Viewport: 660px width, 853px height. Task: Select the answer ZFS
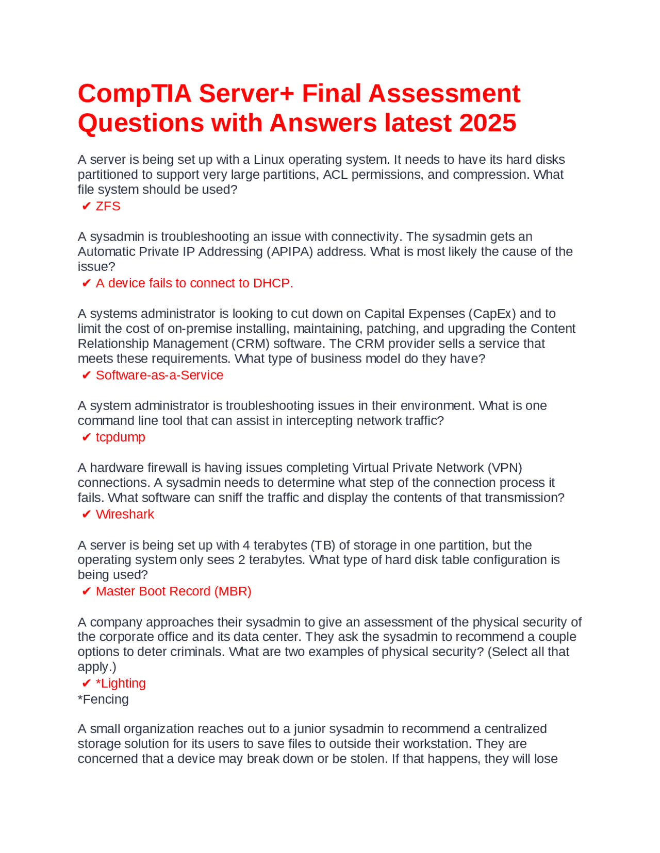[108, 206]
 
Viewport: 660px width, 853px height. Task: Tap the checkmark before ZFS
[86, 207]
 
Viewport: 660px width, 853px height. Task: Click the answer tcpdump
[120, 437]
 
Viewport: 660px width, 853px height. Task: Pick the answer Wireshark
[125, 514]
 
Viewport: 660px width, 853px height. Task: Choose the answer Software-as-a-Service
[159, 375]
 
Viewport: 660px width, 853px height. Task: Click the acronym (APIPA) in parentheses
[290, 251]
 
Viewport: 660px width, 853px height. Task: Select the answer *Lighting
[121, 683]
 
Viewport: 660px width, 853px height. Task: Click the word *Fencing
[103, 699]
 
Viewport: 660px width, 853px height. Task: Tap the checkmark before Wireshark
[86, 515]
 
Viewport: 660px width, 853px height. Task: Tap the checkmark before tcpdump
[86, 437]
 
